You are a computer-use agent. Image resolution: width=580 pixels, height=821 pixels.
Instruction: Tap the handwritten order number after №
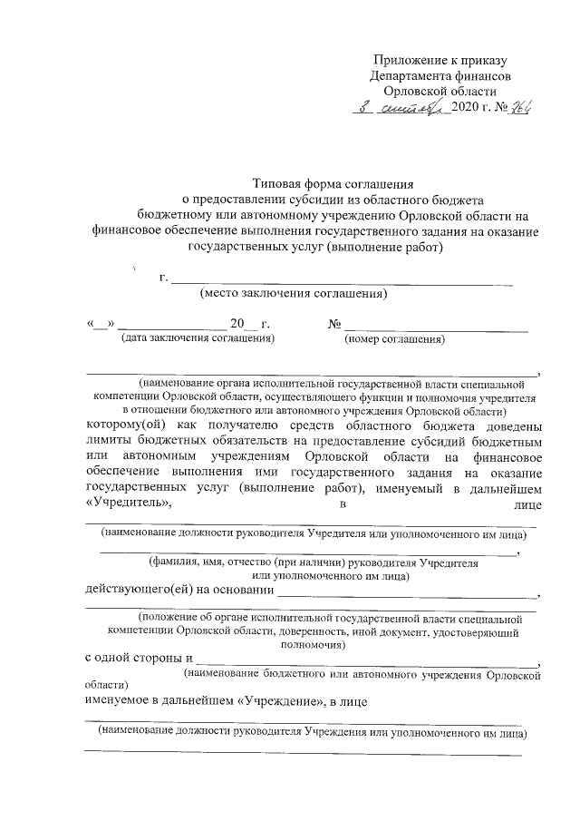click(519, 108)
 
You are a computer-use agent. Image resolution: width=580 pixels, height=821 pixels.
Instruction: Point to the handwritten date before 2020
click(401, 108)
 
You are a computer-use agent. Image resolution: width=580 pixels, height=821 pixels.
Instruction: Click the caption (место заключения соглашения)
click(293, 293)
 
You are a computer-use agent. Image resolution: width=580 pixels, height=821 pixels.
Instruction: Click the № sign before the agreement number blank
click(334, 324)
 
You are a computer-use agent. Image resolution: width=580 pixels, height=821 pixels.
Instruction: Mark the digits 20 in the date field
click(237, 324)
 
